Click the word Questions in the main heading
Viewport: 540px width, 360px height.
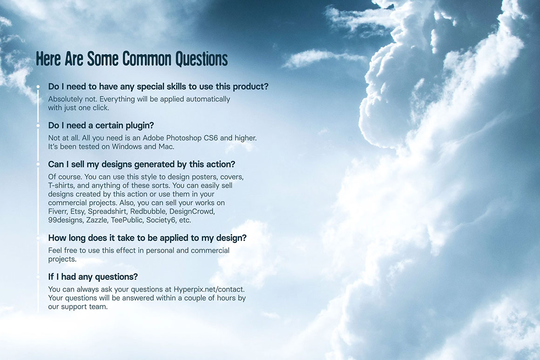[x=202, y=59]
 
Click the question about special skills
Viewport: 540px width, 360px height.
[x=158, y=87]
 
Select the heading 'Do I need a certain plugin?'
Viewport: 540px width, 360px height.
[x=101, y=125]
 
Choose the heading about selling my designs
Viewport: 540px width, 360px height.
[x=142, y=164]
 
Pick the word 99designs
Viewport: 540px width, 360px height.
[x=66, y=220]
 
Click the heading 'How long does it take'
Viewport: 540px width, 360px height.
[x=148, y=238]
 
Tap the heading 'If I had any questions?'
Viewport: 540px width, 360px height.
[x=93, y=277]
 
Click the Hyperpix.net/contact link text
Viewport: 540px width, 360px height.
[x=209, y=289]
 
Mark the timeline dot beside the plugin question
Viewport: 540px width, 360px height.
[x=38, y=126]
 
